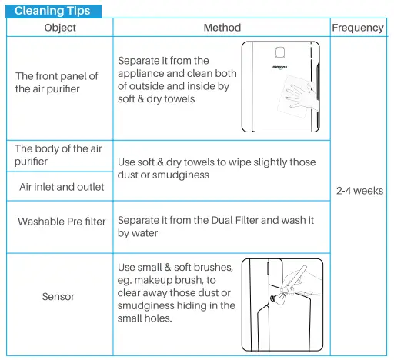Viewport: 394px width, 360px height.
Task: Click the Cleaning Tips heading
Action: [52, 11]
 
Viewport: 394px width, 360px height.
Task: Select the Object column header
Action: [60, 28]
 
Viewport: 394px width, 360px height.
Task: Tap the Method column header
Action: [222, 28]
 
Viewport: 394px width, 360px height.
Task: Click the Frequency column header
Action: [357, 28]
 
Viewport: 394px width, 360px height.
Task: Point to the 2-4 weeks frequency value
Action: [359, 191]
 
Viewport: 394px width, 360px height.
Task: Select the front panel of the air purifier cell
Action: [58, 82]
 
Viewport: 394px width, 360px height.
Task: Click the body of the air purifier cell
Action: [58, 155]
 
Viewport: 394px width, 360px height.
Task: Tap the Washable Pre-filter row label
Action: [62, 222]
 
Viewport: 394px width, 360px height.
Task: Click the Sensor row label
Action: [58, 296]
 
